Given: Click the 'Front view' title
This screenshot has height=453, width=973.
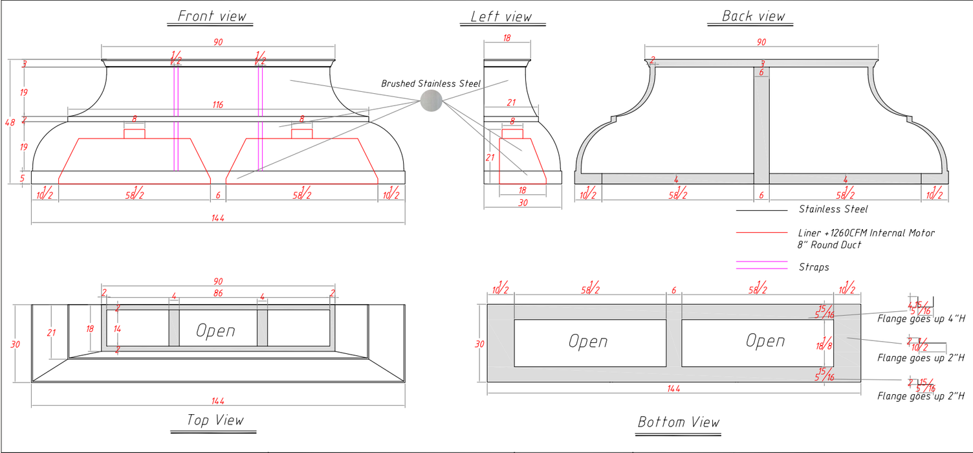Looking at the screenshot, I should click(x=212, y=16).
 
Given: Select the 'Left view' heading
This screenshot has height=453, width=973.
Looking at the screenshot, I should click(x=501, y=16).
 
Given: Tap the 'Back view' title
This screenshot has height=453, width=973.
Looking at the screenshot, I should click(x=754, y=16).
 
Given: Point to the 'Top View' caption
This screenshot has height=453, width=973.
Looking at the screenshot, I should click(x=215, y=420).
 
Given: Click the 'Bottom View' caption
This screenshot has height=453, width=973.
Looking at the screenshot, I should click(x=679, y=423).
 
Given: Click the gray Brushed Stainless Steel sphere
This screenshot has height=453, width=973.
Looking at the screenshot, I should click(x=431, y=100).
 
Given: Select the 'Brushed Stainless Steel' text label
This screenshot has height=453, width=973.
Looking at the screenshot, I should click(x=431, y=83).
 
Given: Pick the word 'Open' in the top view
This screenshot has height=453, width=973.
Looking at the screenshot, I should click(x=215, y=331).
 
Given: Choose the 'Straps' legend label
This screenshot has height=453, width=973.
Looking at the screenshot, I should click(x=814, y=267).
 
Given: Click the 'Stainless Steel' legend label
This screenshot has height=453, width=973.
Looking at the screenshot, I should click(x=833, y=209).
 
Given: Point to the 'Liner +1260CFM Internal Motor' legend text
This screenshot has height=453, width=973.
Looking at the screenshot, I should click(x=866, y=232).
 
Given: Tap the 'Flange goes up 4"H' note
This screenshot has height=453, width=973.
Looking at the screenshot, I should click(x=921, y=318).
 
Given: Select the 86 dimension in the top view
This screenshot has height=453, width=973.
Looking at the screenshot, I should click(x=218, y=293).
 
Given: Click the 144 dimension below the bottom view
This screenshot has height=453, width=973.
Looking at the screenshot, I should click(x=673, y=388).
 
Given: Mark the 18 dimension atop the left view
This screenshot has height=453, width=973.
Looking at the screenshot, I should click(x=507, y=38).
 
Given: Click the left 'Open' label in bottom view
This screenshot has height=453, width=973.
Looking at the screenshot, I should click(x=588, y=341).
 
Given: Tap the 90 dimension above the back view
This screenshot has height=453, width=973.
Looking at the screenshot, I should click(x=761, y=42).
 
